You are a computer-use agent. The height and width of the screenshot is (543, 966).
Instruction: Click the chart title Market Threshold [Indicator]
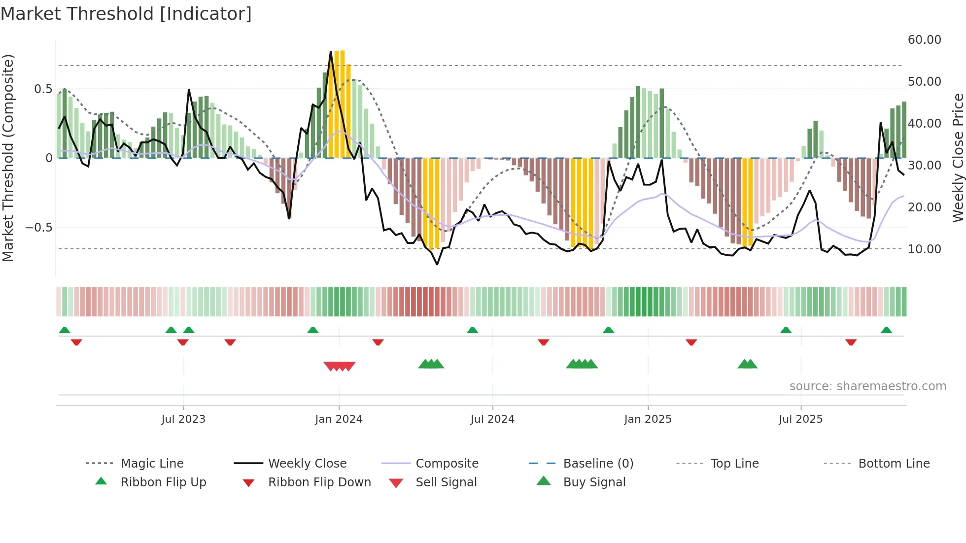click(126, 14)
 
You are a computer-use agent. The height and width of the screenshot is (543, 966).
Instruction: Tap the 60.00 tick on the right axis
click(924, 40)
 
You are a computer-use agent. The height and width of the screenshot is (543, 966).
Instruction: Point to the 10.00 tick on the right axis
click(924, 249)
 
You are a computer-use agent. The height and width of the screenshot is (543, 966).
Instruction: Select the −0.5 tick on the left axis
click(38, 228)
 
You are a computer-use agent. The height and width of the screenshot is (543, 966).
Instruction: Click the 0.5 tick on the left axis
click(43, 89)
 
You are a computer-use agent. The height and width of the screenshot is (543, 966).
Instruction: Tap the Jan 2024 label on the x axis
click(339, 419)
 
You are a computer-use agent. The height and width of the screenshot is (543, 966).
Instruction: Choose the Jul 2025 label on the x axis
click(800, 419)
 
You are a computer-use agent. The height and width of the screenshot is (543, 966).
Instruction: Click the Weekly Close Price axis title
click(958, 158)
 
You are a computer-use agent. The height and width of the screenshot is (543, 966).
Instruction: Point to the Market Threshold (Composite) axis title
click(8, 158)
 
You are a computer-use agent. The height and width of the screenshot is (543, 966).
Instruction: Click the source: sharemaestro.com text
click(867, 386)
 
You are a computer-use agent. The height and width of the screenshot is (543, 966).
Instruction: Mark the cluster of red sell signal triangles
click(340, 366)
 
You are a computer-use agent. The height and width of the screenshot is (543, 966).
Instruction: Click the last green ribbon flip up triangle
click(886, 330)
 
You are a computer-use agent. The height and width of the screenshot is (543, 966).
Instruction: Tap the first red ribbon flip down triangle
click(76, 342)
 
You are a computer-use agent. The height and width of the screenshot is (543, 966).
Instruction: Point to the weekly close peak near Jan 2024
click(331, 52)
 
